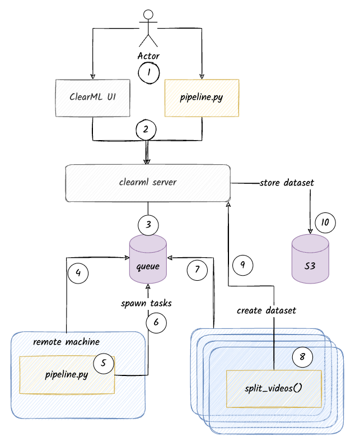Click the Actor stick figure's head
point(148,15)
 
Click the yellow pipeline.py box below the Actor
point(202,98)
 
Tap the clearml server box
point(148,183)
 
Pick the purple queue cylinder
point(148,258)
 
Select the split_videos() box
point(274,388)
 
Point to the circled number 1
point(149,72)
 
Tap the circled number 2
point(146,129)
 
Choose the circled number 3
point(148,225)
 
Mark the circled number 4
point(78,273)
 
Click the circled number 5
point(104,363)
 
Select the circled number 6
point(156,322)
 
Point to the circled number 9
point(243,264)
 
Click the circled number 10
point(324,223)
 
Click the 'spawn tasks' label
point(146,303)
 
